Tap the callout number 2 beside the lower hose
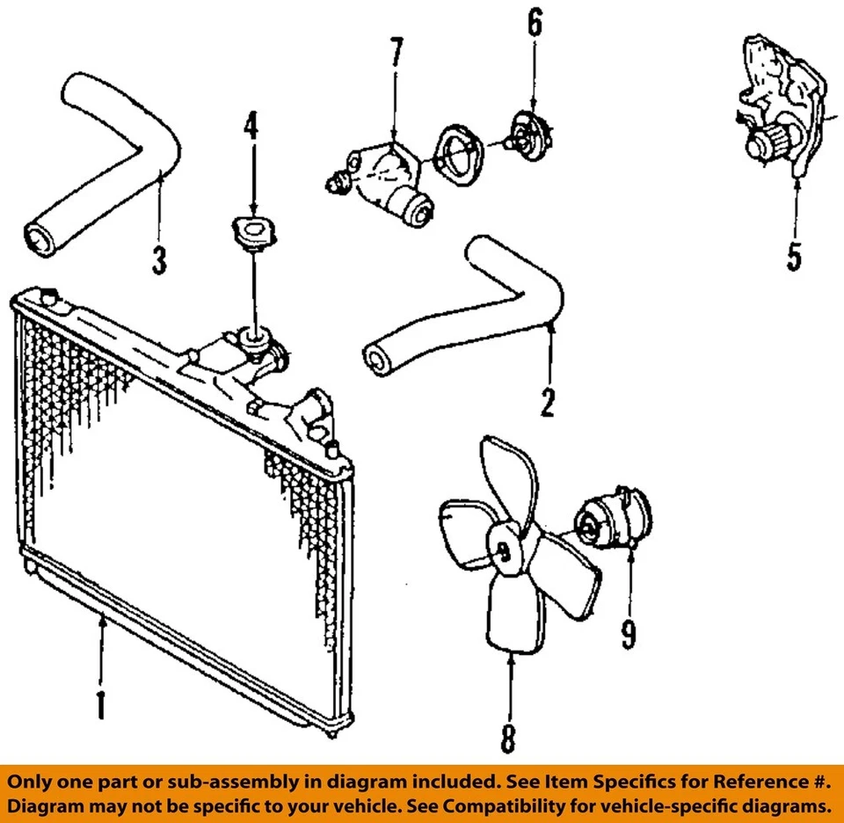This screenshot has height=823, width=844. pyautogui.click(x=548, y=402)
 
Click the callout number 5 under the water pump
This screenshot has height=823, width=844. pyautogui.click(x=794, y=256)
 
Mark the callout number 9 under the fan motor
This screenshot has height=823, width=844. pyautogui.click(x=628, y=632)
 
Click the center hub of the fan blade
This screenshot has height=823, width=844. pyautogui.click(x=504, y=550)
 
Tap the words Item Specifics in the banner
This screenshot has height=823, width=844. pyautogui.click(x=609, y=782)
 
